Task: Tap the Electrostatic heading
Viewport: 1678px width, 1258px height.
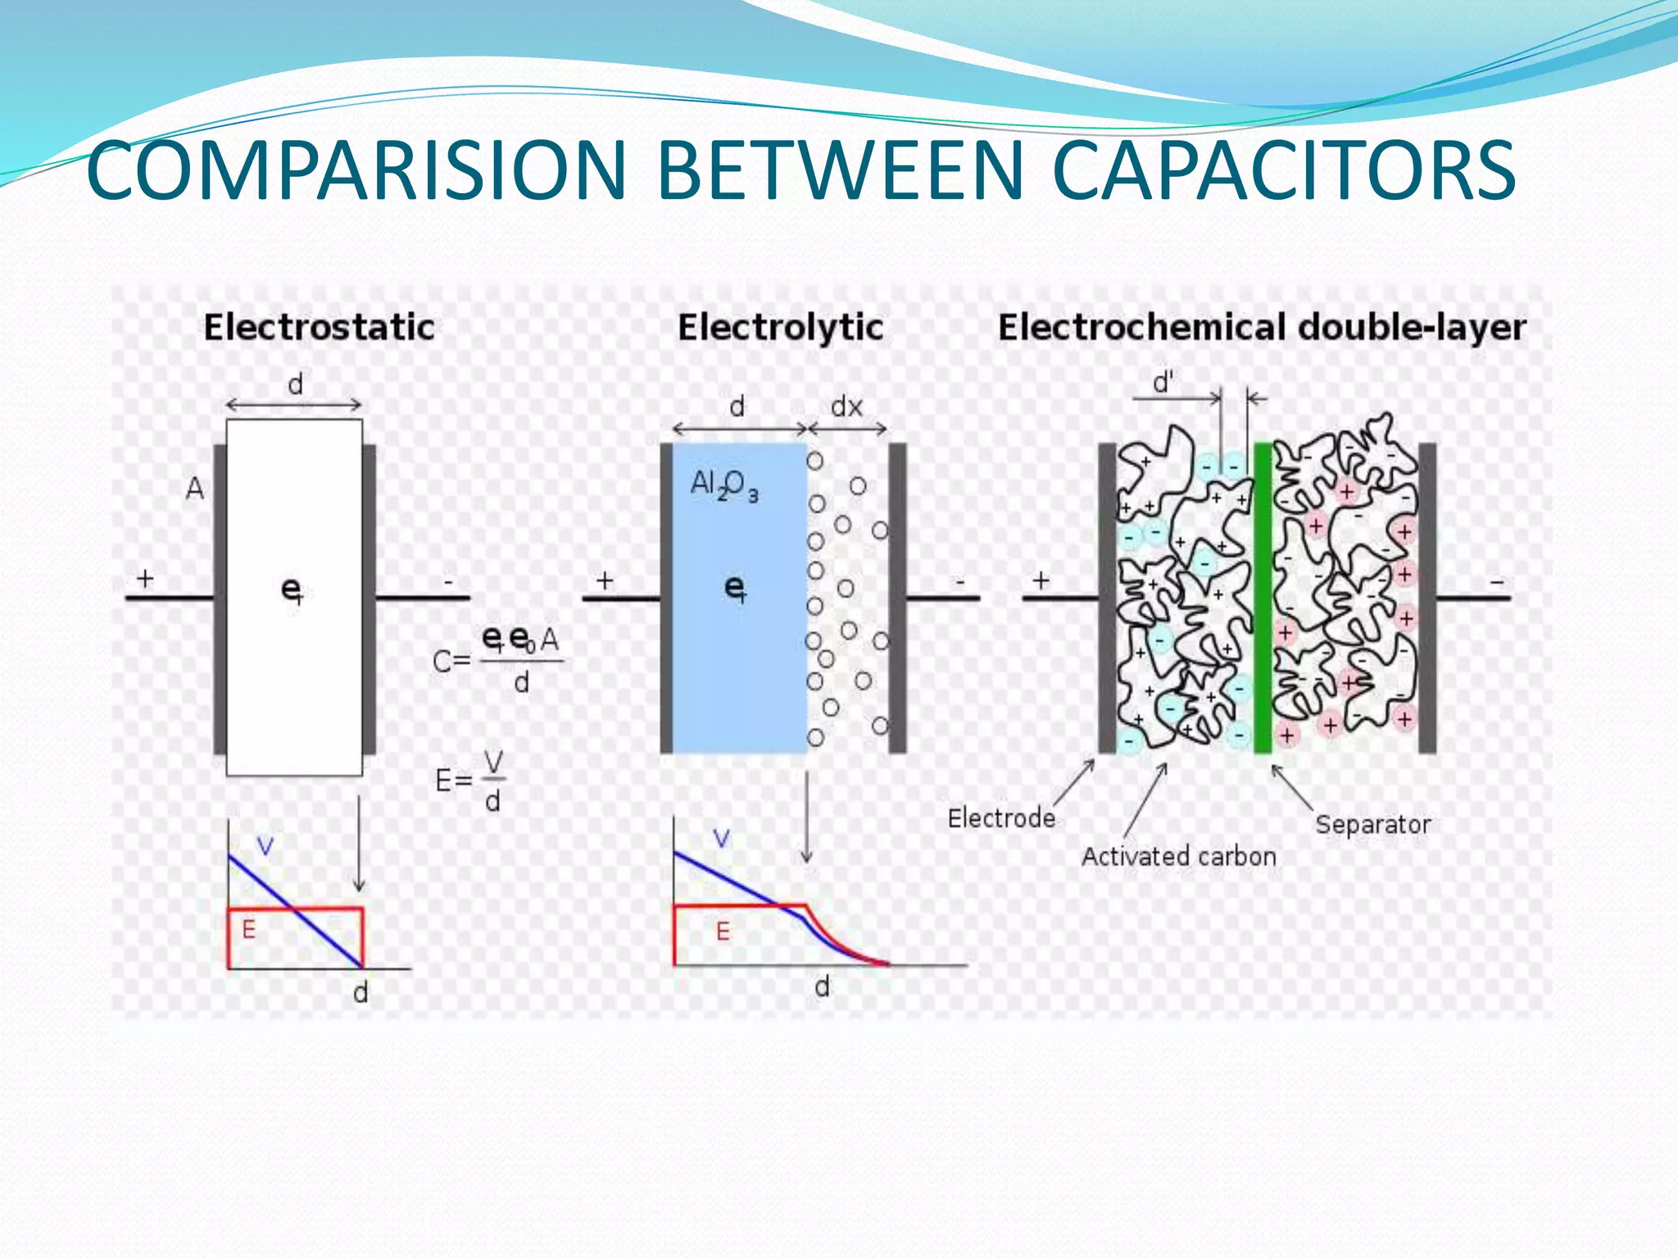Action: [x=319, y=328]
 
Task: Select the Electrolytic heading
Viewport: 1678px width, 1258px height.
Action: [x=780, y=328]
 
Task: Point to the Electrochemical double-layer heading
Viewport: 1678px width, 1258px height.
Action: [x=1262, y=328]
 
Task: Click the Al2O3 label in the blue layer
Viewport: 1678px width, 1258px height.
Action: [x=724, y=485]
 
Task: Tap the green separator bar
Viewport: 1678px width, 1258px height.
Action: [x=1263, y=598]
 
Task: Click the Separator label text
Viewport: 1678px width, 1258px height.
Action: [x=1373, y=824]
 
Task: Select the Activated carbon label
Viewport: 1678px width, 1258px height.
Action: [x=1179, y=857]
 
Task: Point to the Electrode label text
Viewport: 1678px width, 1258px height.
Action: [x=1001, y=817]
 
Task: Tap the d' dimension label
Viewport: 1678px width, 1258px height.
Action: [x=1163, y=382]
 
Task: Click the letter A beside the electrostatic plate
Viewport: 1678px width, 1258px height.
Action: [x=194, y=489]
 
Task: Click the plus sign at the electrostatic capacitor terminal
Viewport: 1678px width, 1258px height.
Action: [x=145, y=579]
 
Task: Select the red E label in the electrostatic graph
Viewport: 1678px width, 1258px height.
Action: [x=249, y=930]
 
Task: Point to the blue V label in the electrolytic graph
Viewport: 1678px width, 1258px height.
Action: [x=721, y=839]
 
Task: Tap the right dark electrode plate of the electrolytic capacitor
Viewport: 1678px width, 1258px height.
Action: [x=898, y=598]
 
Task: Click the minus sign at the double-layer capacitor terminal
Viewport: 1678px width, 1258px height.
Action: [x=1497, y=582]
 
